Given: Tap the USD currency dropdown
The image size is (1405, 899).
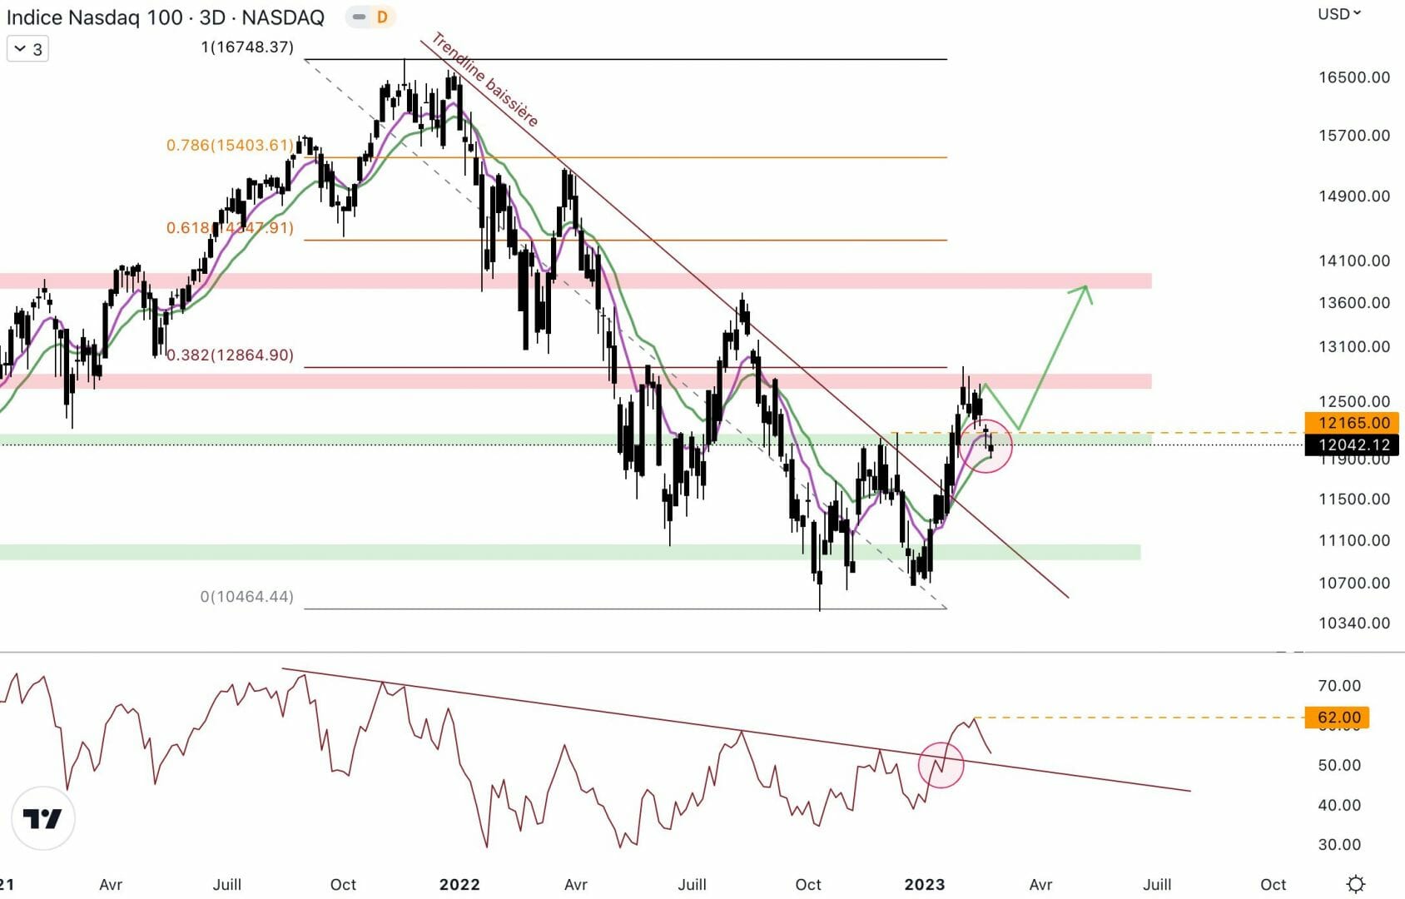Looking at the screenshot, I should click(x=1338, y=14).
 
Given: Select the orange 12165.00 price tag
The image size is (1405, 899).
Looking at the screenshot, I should click(x=1353, y=423).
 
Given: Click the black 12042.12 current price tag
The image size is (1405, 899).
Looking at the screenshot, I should click(x=1353, y=445).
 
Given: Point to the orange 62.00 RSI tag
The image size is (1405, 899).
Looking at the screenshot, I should click(x=1338, y=718).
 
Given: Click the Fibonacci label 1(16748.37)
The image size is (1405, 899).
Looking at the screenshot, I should click(x=247, y=47).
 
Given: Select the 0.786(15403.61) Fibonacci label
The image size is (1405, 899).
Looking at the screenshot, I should click(x=230, y=146).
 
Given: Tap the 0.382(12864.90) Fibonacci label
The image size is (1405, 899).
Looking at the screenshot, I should click(x=230, y=355).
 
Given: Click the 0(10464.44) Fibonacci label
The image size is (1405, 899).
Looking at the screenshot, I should click(x=246, y=597).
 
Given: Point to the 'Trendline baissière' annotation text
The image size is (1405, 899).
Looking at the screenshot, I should click(x=484, y=80).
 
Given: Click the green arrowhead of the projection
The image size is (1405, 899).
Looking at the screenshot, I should click(x=1084, y=291).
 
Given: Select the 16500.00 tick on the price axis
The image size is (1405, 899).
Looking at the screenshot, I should click(x=1353, y=77).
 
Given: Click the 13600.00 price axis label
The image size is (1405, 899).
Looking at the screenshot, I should click(x=1353, y=303).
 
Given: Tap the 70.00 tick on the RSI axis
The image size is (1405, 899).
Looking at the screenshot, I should click(x=1339, y=686).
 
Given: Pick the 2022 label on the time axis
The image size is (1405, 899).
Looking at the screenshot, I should click(x=459, y=884).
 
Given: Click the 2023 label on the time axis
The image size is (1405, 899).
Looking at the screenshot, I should click(x=924, y=884).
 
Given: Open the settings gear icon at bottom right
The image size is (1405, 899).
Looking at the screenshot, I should click(x=1355, y=884).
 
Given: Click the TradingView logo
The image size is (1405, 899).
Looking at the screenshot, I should click(x=43, y=818).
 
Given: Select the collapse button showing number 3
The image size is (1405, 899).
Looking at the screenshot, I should click(x=27, y=49).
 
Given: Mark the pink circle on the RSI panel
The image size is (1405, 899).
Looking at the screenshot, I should click(x=941, y=765).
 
